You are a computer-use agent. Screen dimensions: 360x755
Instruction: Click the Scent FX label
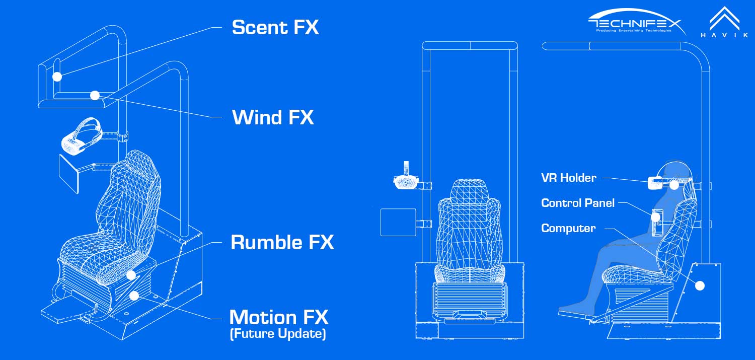tap(275, 27)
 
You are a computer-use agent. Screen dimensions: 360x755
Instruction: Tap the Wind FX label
tap(273, 117)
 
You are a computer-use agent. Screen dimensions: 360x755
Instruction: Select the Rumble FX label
tap(282, 242)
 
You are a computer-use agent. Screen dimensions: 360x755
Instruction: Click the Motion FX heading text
tap(279, 317)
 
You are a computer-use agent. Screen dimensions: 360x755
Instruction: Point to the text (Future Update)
tap(278, 334)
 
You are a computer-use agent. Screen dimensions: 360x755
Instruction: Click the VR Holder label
tap(569, 178)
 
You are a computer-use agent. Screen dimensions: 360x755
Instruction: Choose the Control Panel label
tap(578, 203)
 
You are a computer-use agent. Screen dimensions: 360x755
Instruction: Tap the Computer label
tap(568, 228)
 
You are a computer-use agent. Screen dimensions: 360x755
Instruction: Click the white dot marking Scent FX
tap(57, 77)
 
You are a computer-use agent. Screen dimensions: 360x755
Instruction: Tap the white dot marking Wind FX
tap(94, 95)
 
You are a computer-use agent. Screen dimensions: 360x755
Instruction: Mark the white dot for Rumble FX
tap(131, 275)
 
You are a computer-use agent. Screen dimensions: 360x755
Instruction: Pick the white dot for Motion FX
tap(134, 296)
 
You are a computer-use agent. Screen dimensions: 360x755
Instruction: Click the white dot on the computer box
tap(700, 285)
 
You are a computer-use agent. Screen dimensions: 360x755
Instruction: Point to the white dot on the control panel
tap(655, 217)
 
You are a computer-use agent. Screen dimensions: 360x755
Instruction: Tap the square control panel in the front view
tap(398, 222)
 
